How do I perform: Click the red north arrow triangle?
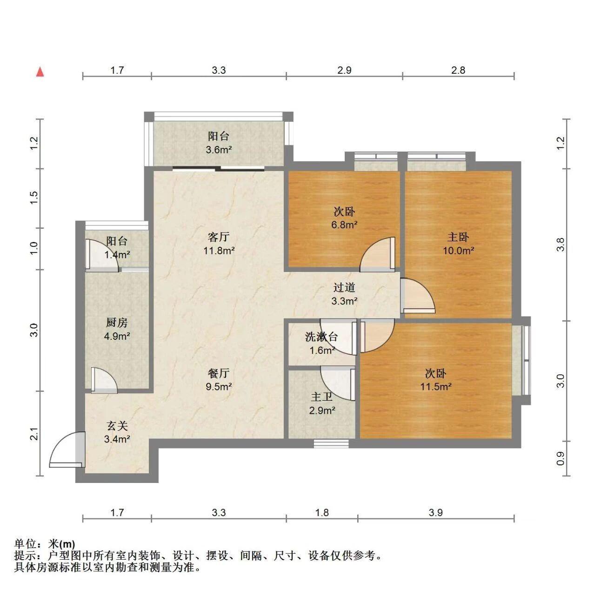point(40,72)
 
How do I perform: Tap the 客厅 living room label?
point(219,237)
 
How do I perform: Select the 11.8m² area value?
point(219,251)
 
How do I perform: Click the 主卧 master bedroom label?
point(458,237)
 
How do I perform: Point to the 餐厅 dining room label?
point(219,373)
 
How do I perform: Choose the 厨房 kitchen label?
point(117,323)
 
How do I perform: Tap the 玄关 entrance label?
point(117,426)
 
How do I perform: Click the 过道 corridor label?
point(344,287)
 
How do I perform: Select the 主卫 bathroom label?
point(322,397)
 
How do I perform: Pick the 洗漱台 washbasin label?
point(321,337)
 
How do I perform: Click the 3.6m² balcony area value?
point(219,150)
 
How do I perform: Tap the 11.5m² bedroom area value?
point(436,387)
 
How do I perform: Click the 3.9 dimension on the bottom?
point(436,513)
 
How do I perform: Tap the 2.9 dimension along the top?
point(344,70)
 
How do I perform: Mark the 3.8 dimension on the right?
point(560,245)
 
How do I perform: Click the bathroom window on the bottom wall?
point(331,443)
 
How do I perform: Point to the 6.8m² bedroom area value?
point(344,225)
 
